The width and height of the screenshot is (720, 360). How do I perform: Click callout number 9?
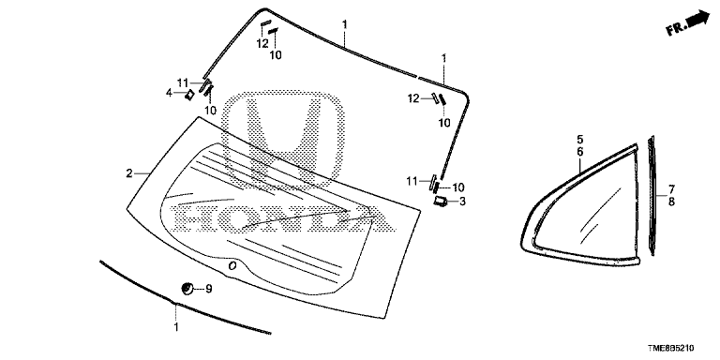click(x=208, y=289)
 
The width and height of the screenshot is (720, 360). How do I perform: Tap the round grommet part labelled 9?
click(x=187, y=289)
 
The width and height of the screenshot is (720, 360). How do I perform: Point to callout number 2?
click(x=129, y=173)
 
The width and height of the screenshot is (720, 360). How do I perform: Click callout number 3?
click(x=462, y=202)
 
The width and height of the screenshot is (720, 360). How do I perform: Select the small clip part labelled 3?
click(x=440, y=201)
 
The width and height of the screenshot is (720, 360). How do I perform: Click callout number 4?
click(x=170, y=93)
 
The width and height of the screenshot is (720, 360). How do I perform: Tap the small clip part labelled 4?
click(x=189, y=95)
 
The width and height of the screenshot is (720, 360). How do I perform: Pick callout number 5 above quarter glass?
click(x=580, y=139)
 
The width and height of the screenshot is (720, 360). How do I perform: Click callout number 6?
click(x=580, y=151)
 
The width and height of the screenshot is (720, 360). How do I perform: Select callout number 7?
click(x=671, y=188)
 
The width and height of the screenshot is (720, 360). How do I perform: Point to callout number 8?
click(x=671, y=202)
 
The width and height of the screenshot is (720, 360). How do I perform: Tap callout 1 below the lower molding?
click(x=176, y=327)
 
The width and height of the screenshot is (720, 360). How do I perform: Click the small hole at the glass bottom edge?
click(x=232, y=265)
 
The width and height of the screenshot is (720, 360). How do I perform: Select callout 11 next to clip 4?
click(x=183, y=83)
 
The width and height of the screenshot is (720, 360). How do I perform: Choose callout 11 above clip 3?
click(x=411, y=182)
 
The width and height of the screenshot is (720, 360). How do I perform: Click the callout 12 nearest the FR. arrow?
click(x=413, y=97)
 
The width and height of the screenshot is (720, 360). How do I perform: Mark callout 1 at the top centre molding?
click(x=344, y=22)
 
